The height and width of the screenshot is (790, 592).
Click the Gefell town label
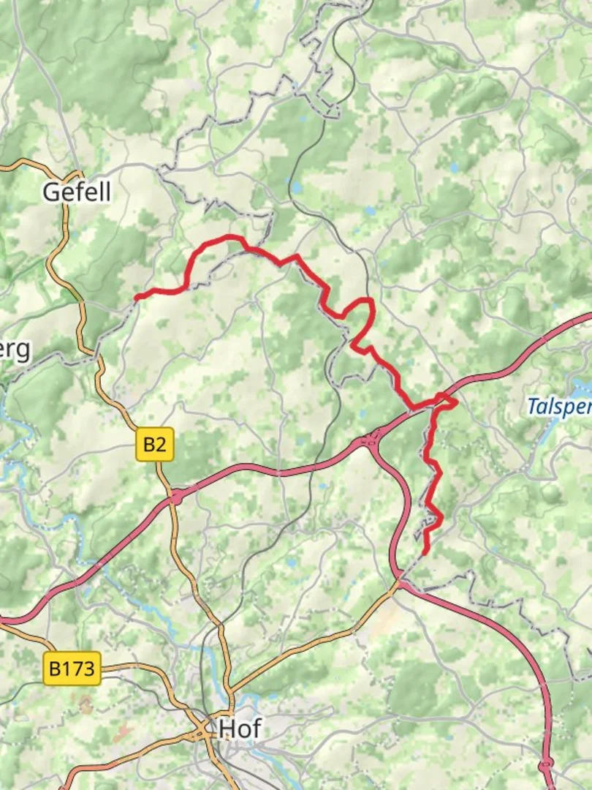[x=77, y=192]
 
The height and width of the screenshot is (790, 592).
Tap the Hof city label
[x=240, y=729]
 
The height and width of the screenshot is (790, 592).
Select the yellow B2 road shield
[x=155, y=444]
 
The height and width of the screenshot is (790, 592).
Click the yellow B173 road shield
[x=72, y=669]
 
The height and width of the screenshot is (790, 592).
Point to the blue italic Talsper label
[x=559, y=406]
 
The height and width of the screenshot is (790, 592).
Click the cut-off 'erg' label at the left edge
[x=15, y=350]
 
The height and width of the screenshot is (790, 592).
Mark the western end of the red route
[x=137, y=297]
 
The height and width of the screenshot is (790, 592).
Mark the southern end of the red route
[x=425, y=552]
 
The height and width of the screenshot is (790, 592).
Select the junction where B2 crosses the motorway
[x=175, y=497]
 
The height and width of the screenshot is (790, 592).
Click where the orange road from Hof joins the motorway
[x=398, y=583]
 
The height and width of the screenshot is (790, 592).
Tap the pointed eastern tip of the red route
[x=457, y=402]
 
